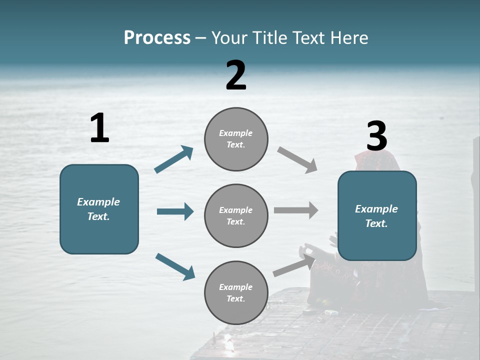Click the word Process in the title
click(x=157, y=38)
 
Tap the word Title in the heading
click(x=268, y=38)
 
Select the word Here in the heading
click(x=349, y=38)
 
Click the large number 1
click(x=99, y=128)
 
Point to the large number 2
click(x=236, y=75)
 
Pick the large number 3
click(x=376, y=137)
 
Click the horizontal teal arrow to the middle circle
click(x=175, y=211)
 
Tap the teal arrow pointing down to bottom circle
click(x=175, y=266)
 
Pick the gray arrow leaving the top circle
click(x=297, y=160)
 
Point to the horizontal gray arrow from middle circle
click(x=296, y=210)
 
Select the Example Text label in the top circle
click(x=236, y=139)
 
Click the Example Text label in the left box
click(x=99, y=209)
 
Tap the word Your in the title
click(x=229, y=38)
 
